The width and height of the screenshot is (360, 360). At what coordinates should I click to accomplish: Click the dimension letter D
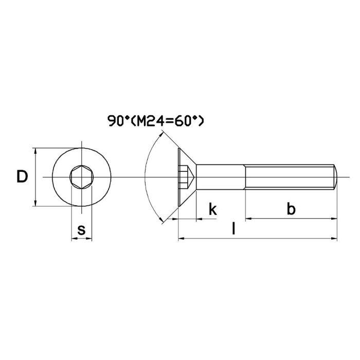point(22,177)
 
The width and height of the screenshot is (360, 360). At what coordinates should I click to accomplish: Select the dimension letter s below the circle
point(81,230)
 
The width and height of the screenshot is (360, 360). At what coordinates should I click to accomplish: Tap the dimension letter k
point(212,209)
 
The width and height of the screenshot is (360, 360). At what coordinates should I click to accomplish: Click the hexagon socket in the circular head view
point(81,177)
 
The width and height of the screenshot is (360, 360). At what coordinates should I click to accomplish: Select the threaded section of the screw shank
point(291,177)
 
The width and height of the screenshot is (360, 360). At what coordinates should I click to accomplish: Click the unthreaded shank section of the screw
point(221,177)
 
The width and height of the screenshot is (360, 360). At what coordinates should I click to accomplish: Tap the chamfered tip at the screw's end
point(336,177)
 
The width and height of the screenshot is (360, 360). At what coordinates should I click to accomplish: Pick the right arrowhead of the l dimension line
point(334,239)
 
